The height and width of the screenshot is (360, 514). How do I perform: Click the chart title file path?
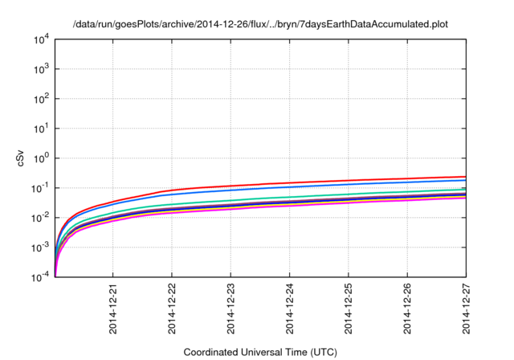point(257,24)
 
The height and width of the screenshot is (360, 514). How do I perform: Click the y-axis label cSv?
point(22,158)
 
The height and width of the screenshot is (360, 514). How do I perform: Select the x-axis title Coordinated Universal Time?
point(260,352)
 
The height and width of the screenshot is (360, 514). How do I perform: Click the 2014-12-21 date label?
point(113,309)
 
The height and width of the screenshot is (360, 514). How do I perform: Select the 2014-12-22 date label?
point(172,309)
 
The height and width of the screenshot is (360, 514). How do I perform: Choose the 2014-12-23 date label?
point(231,309)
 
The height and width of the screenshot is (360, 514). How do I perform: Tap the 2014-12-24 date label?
point(290,309)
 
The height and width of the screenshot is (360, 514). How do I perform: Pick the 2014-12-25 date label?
point(349,309)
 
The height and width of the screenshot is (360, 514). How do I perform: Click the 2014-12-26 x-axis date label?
point(407,309)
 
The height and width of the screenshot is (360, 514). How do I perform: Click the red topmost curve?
point(321,182)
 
